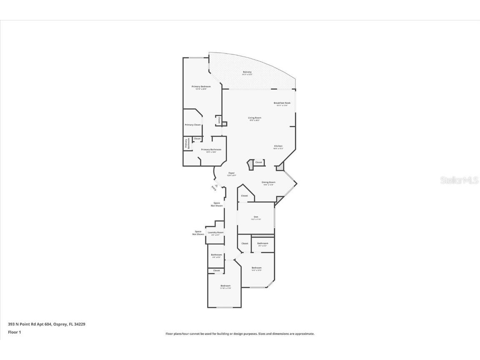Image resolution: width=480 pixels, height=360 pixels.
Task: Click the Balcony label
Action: click(x=247, y=72)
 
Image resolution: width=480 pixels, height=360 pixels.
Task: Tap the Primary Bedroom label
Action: click(x=201, y=87)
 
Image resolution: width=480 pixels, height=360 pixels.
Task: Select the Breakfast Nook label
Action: click(x=282, y=103)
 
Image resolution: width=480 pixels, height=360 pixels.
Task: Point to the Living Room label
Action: click(x=255, y=118)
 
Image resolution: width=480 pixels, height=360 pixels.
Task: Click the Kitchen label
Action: click(x=278, y=147)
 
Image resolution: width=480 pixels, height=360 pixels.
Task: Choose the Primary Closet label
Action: click(x=192, y=125)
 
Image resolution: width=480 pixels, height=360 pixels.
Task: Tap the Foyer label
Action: click(x=231, y=173)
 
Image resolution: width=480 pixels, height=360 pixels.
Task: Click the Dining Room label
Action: click(x=268, y=182)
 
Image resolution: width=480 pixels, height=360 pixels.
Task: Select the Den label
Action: click(x=256, y=217)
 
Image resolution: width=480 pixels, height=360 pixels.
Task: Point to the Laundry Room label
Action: click(x=215, y=233)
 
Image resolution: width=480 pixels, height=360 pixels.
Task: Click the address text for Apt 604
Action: click(x=47, y=324)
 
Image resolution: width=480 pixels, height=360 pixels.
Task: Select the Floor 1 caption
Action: click(x=14, y=332)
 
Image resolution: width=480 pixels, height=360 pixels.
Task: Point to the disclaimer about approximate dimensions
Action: click(x=240, y=334)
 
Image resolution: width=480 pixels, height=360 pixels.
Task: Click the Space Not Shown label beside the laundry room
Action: click(x=198, y=233)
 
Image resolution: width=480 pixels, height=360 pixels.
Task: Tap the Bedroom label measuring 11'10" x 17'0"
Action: click(x=225, y=286)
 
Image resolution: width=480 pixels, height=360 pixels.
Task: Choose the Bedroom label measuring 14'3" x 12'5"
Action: click(x=256, y=268)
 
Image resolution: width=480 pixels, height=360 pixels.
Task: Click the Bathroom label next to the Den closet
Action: click(x=262, y=244)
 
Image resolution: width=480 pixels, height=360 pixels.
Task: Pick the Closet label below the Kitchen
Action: click(x=259, y=162)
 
